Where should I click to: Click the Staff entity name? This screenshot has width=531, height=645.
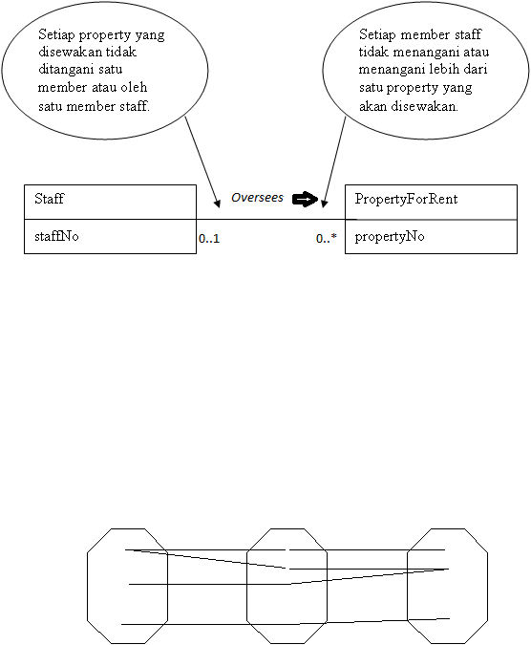click(x=50, y=199)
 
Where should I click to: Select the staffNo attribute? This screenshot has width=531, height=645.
click(x=56, y=237)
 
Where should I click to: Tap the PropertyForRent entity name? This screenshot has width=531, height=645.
click(x=406, y=199)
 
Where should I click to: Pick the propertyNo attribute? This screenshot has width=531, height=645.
click(x=390, y=237)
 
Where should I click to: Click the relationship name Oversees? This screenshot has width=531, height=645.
click(x=257, y=198)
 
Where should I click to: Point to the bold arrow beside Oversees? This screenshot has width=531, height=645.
click(x=305, y=200)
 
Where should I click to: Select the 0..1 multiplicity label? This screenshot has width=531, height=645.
click(x=209, y=239)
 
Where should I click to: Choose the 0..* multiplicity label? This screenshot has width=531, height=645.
click(x=327, y=238)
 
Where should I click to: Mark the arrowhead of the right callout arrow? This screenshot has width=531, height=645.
click(x=324, y=204)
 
